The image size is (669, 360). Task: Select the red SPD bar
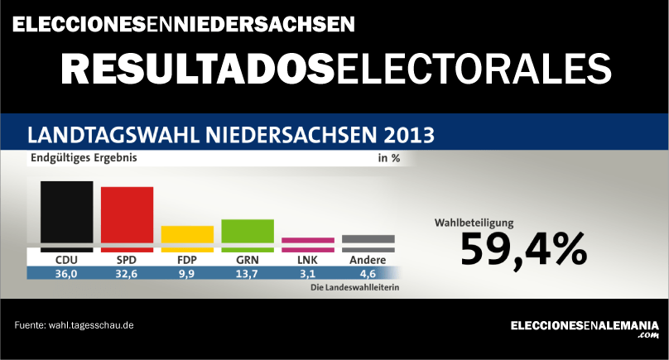point(127,217)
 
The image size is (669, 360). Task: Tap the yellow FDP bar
point(187,237)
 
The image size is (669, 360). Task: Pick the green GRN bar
point(248,233)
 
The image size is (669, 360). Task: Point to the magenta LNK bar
point(308,244)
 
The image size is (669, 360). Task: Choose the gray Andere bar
point(368,243)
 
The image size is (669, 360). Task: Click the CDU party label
point(66,260)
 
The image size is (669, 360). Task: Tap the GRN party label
point(248,260)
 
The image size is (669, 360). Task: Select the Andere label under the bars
point(368,260)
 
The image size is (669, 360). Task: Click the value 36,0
point(66,274)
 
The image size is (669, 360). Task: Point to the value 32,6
point(127,274)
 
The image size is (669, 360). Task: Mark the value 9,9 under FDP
point(187,274)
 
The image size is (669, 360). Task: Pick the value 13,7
point(248,274)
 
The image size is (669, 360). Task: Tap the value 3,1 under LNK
point(308,274)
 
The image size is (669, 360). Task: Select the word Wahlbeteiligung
point(474,223)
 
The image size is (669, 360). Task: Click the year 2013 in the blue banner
point(407,134)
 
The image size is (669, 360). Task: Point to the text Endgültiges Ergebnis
point(84,157)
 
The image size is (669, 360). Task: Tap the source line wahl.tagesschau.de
point(75,325)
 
